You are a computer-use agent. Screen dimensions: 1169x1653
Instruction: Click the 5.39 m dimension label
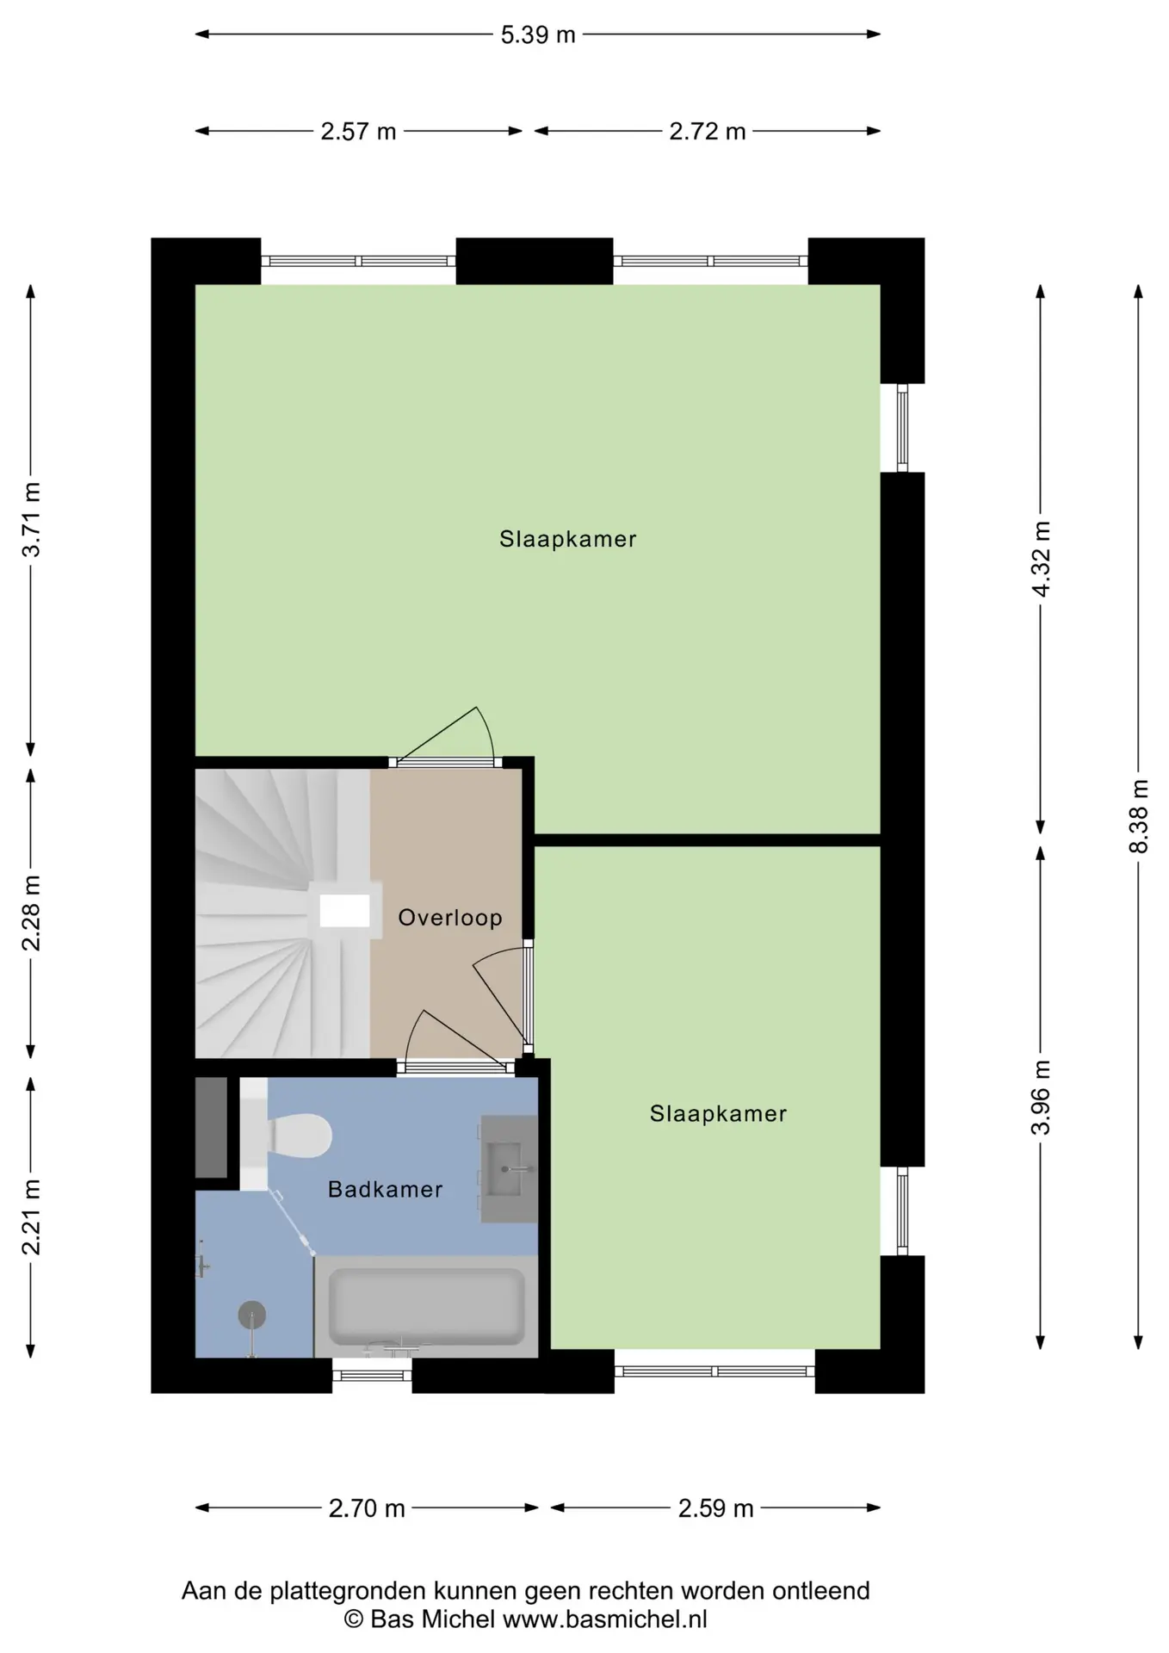tap(538, 35)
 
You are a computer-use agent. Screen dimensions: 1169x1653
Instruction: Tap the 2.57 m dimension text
tap(358, 132)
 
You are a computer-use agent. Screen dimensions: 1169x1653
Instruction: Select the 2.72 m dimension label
tap(708, 132)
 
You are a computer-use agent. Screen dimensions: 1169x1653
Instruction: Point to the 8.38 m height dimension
tap(1139, 815)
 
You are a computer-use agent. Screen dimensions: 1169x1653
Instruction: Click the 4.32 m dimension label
tap(1042, 559)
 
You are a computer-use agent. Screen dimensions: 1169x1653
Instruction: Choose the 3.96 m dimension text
tap(1042, 1098)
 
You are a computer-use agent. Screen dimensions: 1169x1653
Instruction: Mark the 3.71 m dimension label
tap(32, 520)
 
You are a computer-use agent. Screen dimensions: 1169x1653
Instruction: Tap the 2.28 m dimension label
tap(32, 913)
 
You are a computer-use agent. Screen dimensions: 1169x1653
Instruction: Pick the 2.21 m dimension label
tap(32, 1217)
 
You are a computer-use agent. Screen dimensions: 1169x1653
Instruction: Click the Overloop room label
tap(450, 918)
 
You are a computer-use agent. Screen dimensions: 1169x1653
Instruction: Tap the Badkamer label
tap(385, 1190)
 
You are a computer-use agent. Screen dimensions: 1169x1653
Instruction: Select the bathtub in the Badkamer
tap(426, 1307)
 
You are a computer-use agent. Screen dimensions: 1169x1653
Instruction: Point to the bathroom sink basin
tap(508, 1169)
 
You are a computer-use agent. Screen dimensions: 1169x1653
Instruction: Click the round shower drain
tap(251, 1315)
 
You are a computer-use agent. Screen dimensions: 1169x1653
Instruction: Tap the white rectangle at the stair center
tap(345, 911)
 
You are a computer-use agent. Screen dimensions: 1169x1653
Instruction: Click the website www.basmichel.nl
tap(605, 1619)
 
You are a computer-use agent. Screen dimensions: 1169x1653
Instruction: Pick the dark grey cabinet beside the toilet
tap(211, 1128)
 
